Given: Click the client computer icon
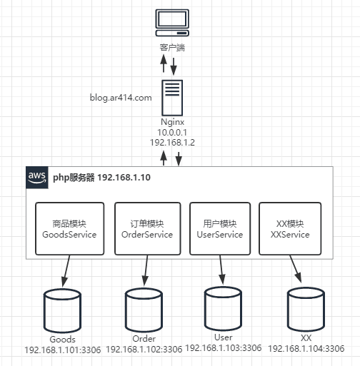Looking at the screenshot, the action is (x=172, y=23).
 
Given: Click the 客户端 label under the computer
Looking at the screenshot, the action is (x=172, y=48).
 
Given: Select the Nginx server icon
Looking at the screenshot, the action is (x=172, y=98).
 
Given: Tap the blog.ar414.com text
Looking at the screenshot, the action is (x=121, y=98).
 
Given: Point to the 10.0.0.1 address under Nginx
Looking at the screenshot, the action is (x=172, y=132).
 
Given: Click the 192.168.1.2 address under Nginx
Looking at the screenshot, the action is (x=172, y=143).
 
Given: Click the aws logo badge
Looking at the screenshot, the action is (x=37, y=178).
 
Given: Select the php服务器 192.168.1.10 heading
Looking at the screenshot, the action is (x=101, y=178).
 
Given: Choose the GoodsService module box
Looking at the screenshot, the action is (x=70, y=229).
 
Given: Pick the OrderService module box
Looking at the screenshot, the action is (x=148, y=229).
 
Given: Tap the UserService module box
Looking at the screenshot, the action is (x=220, y=229).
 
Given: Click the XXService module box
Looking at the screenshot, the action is (x=290, y=229).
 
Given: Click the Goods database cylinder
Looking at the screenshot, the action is (x=62, y=311).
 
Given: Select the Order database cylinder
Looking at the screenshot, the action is (x=144, y=310).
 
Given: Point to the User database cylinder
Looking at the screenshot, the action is (x=223, y=309).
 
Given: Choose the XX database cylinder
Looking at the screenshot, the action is (x=306, y=310).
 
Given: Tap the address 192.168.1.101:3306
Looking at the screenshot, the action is (x=63, y=350).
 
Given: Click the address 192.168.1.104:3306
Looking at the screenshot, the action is (x=306, y=349).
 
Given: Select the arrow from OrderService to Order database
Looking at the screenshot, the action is (x=146, y=270).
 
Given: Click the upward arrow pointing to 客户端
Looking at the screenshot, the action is (x=164, y=63).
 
